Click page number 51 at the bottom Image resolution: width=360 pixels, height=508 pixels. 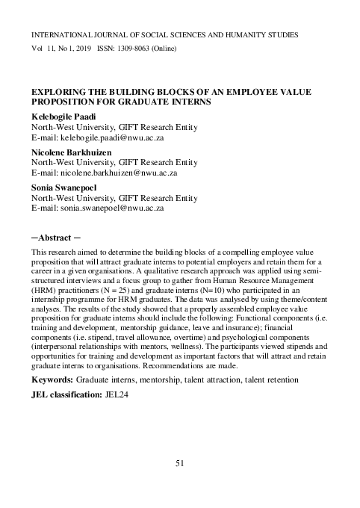[180, 464]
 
